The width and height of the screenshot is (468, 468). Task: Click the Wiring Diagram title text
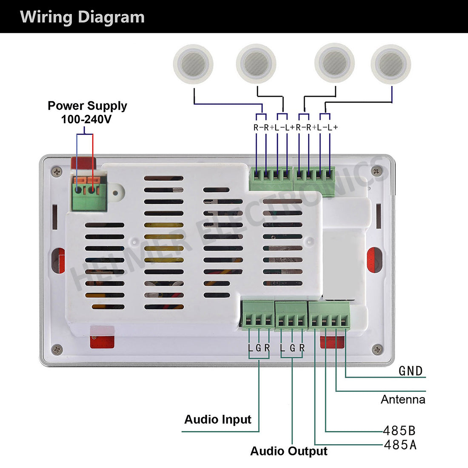point(82,17)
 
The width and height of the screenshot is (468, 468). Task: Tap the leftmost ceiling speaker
point(193,64)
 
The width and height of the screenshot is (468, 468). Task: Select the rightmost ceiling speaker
point(391,64)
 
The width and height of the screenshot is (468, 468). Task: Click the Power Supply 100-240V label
point(87,112)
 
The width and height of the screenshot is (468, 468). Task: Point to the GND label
point(411,371)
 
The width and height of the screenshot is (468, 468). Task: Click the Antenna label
point(403,400)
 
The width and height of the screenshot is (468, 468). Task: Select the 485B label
point(399,431)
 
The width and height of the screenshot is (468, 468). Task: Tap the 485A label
point(400,445)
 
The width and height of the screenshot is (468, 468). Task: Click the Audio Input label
point(218,419)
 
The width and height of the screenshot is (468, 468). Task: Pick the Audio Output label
point(289,451)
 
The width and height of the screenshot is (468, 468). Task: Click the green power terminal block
point(89,194)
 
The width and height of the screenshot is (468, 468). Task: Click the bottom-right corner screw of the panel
point(377,350)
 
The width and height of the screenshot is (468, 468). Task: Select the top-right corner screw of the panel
point(376,171)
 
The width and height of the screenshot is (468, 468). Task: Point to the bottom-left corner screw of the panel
point(57,350)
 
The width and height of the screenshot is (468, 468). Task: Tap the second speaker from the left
point(256,64)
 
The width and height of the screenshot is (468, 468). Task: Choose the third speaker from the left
point(334,64)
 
